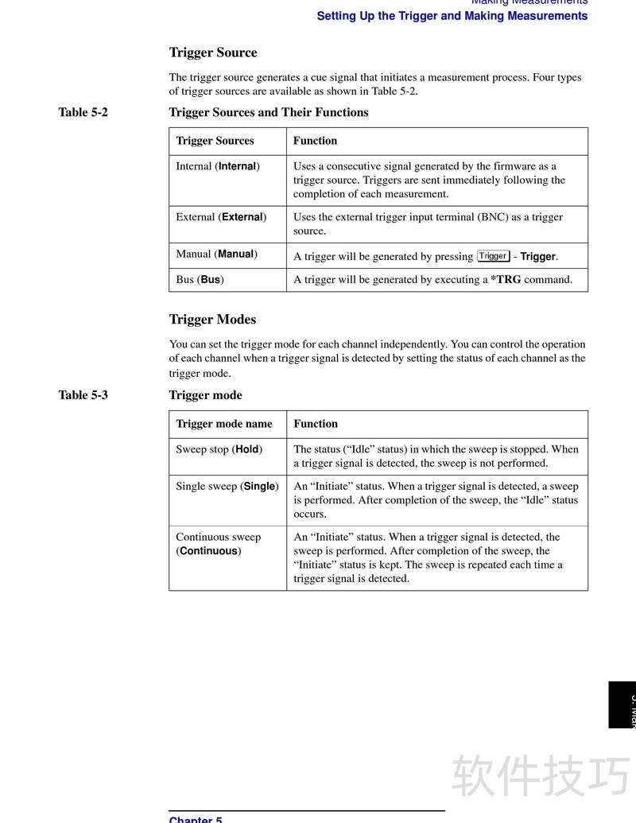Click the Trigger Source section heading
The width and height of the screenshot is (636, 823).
pyautogui.click(x=213, y=52)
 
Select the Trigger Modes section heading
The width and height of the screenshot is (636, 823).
pyautogui.click(x=212, y=320)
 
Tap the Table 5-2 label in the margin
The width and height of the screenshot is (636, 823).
pyautogui.click(x=83, y=112)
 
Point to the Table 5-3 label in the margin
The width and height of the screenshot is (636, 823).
pyautogui.click(x=83, y=395)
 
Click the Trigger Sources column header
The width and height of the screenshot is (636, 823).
pyautogui.click(x=215, y=141)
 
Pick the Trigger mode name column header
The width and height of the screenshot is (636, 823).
pyautogui.click(x=223, y=424)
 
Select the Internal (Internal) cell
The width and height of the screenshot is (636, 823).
pyautogui.click(x=218, y=166)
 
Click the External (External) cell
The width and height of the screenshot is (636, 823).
pyautogui.click(x=221, y=217)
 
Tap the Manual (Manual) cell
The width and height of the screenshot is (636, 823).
pyautogui.click(x=216, y=254)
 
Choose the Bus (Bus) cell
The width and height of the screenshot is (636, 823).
pyautogui.click(x=200, y=279)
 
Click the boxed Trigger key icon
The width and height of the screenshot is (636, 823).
pyautogui.click(x=493, y=256)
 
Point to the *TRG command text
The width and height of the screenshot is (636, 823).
pyautogui.click(x=506, y=279)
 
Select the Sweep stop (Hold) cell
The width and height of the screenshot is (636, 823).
pyautogui.click(x=219, y=449)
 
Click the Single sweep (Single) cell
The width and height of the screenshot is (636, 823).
pyautogui.click(x=227, y=486)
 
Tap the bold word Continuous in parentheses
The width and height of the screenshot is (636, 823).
pyautogui.click(x=208, y=551)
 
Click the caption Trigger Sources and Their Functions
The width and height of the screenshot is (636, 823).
pyautogui.click(x=269, y=112)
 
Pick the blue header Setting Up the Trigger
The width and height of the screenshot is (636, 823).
pyautogui.click(x=452, y=16)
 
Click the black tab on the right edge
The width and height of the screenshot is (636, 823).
pyautogui.click(x=622, y=704)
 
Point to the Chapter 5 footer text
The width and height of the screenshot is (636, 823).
pyautogui.click(x=196, y=818)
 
